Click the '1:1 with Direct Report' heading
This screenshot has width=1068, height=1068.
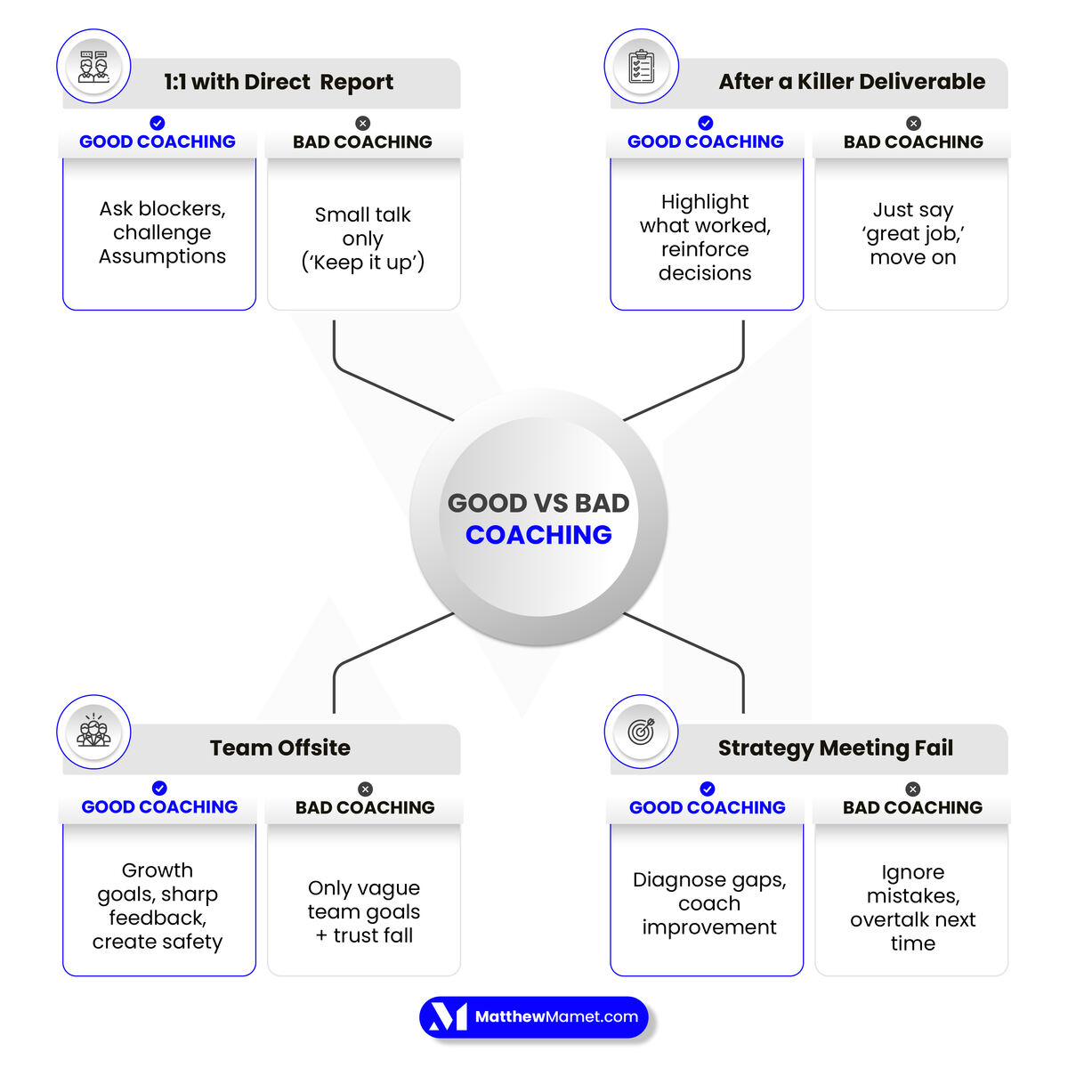[279, 82]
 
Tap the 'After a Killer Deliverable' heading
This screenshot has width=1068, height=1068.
[852, 82]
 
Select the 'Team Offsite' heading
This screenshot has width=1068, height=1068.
[280, 748]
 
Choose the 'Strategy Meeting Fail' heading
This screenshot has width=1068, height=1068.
[836, 748]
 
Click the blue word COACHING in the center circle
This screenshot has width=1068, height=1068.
[538, 535]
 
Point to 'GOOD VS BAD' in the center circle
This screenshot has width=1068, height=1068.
[538, 503]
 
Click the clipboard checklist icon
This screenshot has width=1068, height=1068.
[641, 67]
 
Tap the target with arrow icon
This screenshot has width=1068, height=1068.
[641, 732]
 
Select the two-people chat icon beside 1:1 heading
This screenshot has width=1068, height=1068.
[93, 67]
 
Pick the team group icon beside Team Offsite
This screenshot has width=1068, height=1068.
[93, 732]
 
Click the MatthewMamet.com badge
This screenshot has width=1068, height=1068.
[534, 1017]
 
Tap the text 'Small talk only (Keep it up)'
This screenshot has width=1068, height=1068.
[363, 239]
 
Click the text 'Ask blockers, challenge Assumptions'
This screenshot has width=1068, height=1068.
[162, 232]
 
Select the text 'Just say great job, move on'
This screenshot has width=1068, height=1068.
[913, 233]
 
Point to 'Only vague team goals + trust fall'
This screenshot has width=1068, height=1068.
[364, 911]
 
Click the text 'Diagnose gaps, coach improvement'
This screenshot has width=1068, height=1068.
[709, 903]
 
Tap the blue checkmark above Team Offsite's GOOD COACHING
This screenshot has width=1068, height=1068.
[159, 788]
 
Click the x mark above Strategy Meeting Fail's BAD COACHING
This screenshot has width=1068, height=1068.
[912, 789]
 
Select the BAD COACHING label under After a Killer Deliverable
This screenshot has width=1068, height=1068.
[913, 142]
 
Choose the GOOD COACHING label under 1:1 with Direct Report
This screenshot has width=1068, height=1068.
[158, 142]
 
